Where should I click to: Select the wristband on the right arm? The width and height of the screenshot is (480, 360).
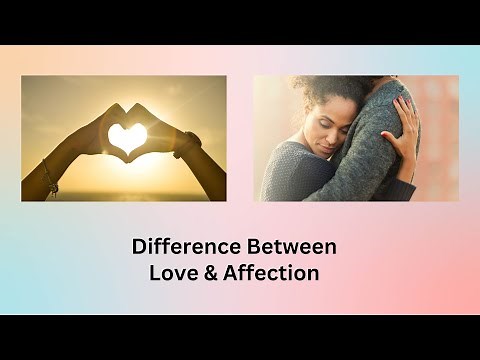coord(186,147)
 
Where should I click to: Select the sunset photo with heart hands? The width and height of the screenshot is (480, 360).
coord(124,138)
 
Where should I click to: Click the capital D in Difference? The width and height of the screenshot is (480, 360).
coord(139,246)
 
